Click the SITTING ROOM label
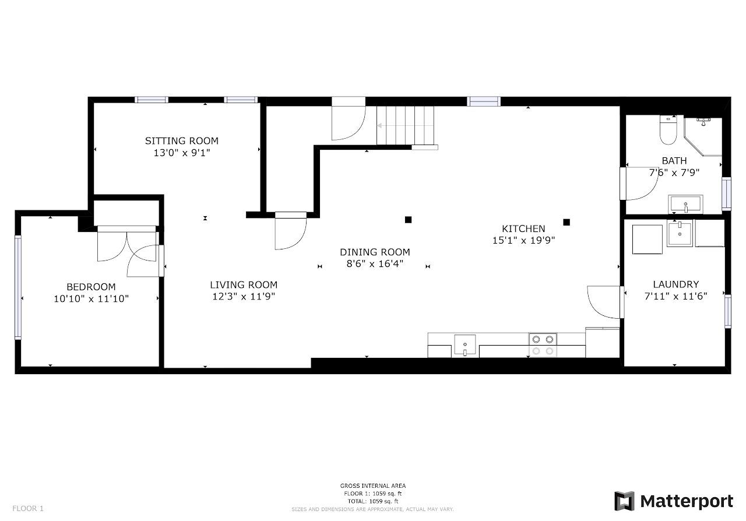181,141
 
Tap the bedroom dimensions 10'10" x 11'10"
92,298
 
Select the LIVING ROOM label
244,285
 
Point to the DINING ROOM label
375,252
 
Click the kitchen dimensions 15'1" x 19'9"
523,240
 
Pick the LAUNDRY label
675,284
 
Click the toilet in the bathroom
668,130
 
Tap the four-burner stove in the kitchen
543,345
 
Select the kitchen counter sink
465,346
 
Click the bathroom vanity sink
685,204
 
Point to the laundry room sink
680,233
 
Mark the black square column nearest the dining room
408,220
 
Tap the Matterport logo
673,501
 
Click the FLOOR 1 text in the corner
28,509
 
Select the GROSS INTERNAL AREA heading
372,486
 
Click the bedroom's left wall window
18,287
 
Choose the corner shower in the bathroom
703,136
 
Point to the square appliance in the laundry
647,240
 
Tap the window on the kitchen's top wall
484,101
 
